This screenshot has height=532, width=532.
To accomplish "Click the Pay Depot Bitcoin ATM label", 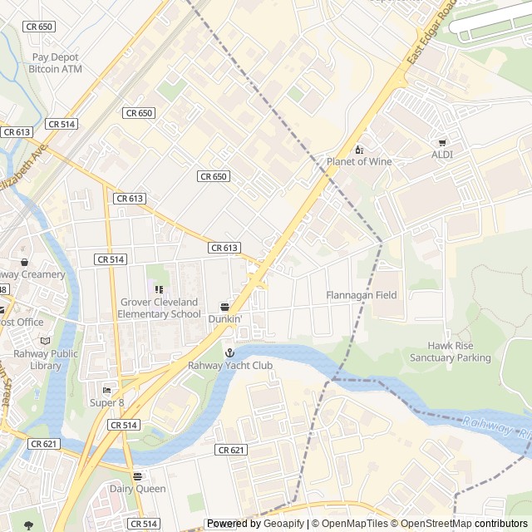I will click(x=57, y=63).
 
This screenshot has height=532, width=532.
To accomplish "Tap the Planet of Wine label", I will click(x=358, y=161).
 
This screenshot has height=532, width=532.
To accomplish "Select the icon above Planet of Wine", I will click(x=358, y=150).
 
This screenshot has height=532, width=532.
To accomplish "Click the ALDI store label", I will click(x=441, y=155).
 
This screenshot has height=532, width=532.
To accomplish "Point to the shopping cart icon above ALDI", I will click(x=441, y=143).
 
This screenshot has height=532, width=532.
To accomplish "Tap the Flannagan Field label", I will click(x=361, y=295).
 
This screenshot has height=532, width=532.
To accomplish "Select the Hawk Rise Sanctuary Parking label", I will click(x=450, y=352).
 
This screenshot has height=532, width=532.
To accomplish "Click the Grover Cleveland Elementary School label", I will click(x=159, y=308).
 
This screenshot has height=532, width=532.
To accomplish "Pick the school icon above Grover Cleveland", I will click(x=159, y=289).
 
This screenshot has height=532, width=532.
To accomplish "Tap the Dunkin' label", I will click(x=224, y=318).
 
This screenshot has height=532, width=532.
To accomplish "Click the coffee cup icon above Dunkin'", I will click(x=224, y=307).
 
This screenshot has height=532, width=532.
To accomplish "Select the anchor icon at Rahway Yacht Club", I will click(x=229, y=353).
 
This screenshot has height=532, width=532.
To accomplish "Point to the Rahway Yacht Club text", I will click(x=229, y=365).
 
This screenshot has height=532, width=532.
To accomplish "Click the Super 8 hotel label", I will click(x=106, y=402).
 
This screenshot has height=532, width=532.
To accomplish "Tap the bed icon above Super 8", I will click(x=106, y=391).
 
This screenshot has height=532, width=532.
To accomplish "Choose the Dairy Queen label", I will click(x=137, y=489).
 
